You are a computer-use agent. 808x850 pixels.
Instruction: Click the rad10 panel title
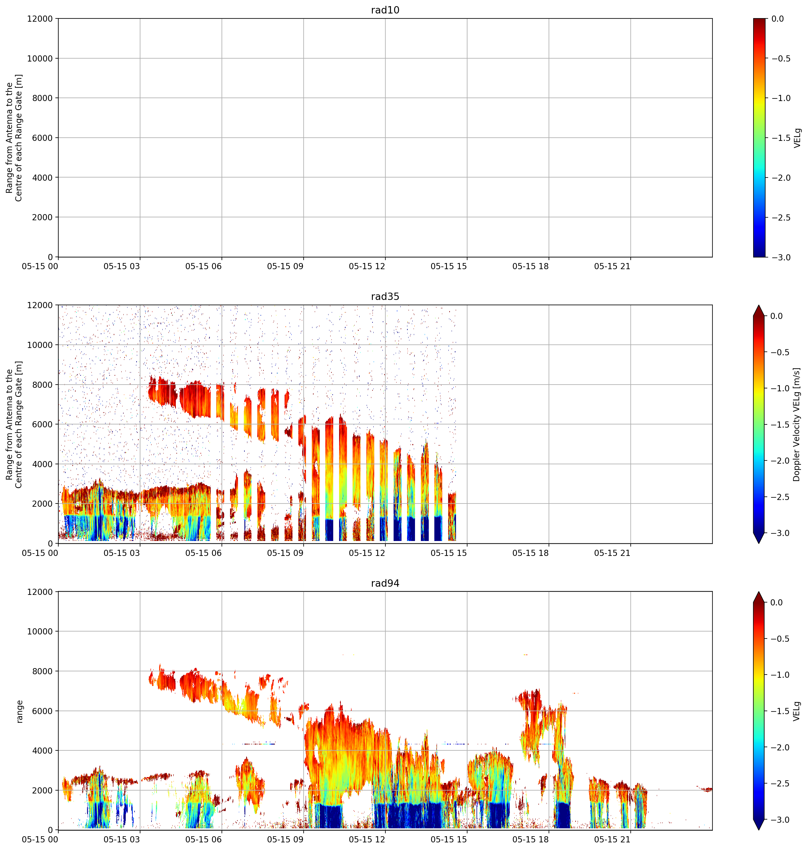coord(385,10)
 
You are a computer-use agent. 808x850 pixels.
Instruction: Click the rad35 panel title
coord(385,296)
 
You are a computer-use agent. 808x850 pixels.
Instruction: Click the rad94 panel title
coord(385,583)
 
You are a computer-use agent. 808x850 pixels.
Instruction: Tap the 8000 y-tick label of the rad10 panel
coord(42,98)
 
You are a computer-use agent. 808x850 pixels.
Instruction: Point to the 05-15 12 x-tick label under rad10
coord(367,267)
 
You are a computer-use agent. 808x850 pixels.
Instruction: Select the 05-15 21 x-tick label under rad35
coord(612,553)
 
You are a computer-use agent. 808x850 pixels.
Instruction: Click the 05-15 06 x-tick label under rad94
coord(203,840)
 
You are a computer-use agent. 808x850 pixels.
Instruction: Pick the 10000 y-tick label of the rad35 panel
coord(40,345)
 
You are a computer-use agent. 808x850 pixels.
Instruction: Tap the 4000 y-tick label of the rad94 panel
coord(42,751)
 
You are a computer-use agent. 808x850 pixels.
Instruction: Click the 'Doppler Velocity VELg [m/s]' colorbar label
coord(796,424)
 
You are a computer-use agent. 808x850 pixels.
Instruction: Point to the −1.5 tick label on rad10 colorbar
coord(781,138)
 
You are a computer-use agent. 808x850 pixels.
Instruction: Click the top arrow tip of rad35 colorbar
coord(759,305)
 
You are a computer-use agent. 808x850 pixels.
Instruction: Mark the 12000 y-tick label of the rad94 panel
coord(40,592)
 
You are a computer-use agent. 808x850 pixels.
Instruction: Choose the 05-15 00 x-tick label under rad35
coord(40,553)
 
